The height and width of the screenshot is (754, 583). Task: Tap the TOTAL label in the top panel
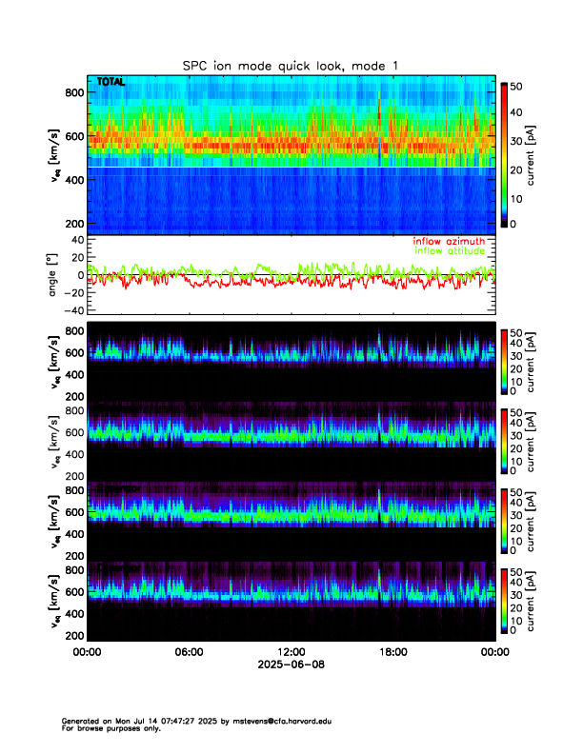tap(111, 83)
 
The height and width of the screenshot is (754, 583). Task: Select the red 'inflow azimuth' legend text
tap(449, 241)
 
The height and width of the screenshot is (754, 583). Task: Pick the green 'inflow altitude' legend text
tap(449, 251)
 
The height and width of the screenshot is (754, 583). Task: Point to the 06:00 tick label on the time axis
tap(189, 652)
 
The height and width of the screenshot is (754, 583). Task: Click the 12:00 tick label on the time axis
tap(291, 652)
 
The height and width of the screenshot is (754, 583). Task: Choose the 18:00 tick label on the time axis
tap(392, 652)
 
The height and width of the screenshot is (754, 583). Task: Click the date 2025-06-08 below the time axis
tap(291, 665)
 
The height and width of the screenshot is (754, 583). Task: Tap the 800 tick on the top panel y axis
tap(73, 91)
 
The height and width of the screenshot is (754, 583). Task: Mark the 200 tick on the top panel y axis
tap(73, 223)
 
